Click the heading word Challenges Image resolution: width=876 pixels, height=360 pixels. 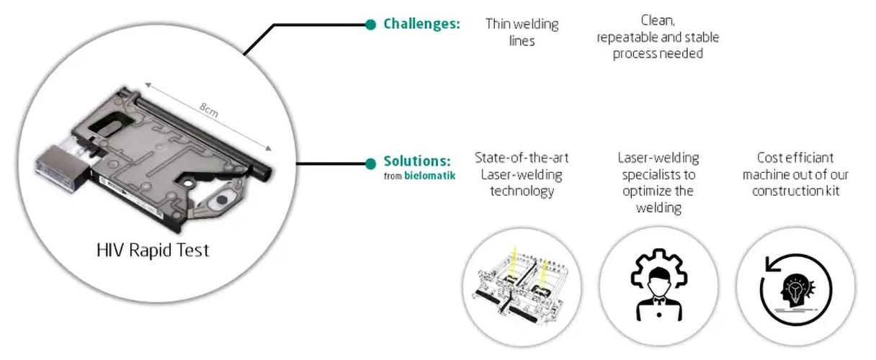(421, 24)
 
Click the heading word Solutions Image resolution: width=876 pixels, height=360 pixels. (417, 161)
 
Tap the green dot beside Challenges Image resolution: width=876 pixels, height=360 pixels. (370, 24)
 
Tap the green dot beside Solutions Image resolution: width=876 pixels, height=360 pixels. (370, 163)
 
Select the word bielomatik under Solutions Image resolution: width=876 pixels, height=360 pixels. (429, 175)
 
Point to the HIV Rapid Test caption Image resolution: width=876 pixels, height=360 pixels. (153, 251)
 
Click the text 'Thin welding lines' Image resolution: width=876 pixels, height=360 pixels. (522, 32)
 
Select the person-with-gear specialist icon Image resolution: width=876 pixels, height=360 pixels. (658, 285)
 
